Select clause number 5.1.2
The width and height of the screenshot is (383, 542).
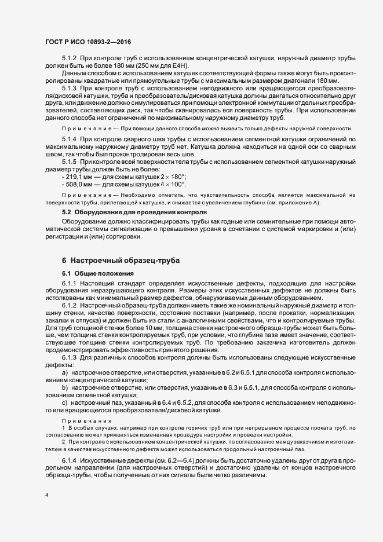(70, 59)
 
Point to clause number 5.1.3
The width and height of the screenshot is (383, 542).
(70, 87)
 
